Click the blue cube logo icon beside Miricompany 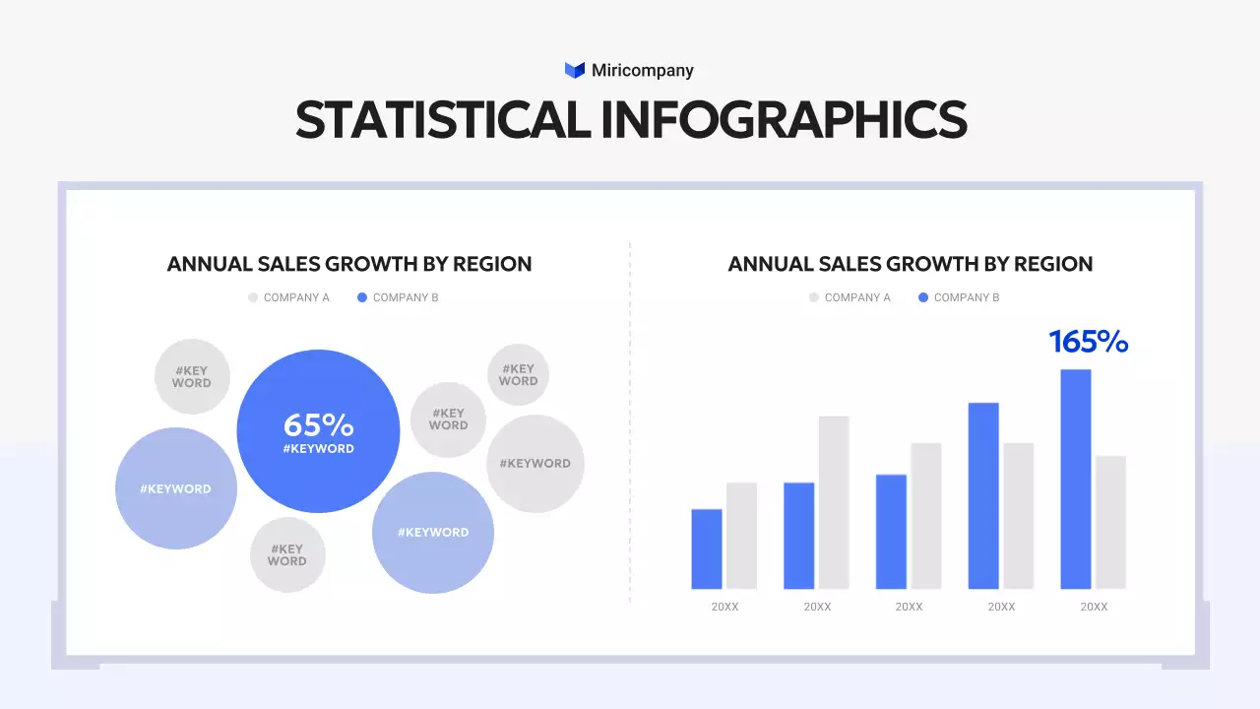click(575, 70)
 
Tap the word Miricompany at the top click(642, 70)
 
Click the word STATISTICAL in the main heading click(443, 119)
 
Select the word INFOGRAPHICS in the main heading click(784, 119)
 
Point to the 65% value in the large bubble click(318, 425)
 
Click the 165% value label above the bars click(1088, 342)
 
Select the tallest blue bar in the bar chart click(1076, 479)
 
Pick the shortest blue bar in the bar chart click(707, 548)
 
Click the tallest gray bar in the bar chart click(834, 502)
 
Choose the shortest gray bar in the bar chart click(741, 536)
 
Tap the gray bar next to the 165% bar click(1111, 522)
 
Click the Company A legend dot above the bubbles click(253, 297)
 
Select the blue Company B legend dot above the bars click(923, 297)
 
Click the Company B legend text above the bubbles click(406, 297)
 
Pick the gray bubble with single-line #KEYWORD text click(535, 464)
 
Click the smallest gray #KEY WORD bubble click(518, 375)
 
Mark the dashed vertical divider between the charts click(630, 423)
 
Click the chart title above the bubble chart click(349, 264)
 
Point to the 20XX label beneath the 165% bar click(1094, 607)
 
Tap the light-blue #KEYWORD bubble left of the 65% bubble click(176, 488)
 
